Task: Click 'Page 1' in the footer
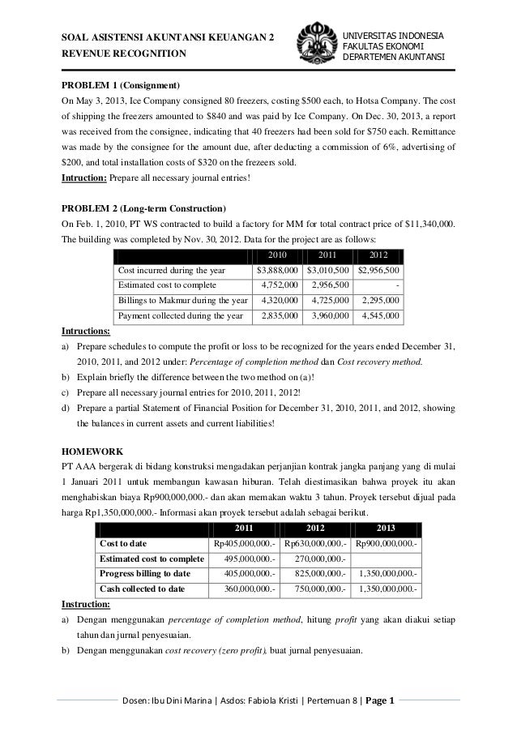click(376, 701)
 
